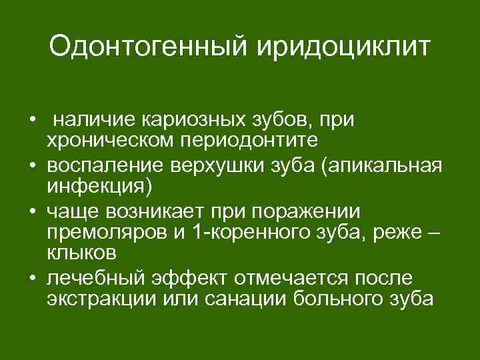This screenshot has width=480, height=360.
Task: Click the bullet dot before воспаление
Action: [x=32, y=166]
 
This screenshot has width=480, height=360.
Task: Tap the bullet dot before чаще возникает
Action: [x=32, y=211]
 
